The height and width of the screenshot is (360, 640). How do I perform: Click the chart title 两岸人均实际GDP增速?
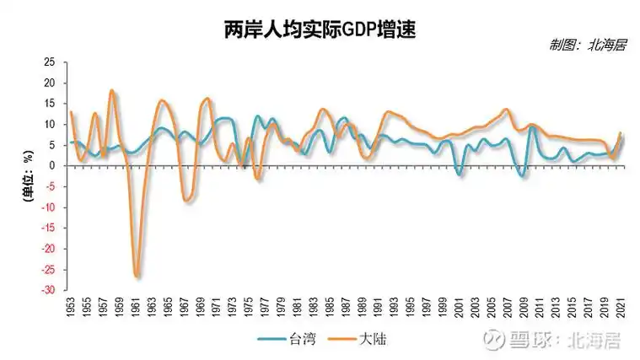coord(320,31)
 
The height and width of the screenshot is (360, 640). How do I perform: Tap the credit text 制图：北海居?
coord(587,46)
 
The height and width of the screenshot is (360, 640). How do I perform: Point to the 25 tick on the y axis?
coord(49,63)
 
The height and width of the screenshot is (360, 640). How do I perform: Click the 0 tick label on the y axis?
coord(51,166)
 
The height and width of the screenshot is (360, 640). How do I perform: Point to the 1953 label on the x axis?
coord(72,309)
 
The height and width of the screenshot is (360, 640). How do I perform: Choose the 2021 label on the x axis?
coord(621,309)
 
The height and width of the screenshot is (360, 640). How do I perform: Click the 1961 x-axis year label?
coord(137,309)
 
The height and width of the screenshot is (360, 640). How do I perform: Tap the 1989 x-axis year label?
coord(363,309)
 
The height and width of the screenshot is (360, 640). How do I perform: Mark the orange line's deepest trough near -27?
coord(137,276)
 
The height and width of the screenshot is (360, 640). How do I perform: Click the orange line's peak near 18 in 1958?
coord(112,90)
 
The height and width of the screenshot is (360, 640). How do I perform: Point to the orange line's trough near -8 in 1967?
coord(186,201)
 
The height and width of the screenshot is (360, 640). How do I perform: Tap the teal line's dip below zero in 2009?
coord(523,176)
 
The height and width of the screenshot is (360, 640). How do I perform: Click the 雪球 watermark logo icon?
coord(493,341)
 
